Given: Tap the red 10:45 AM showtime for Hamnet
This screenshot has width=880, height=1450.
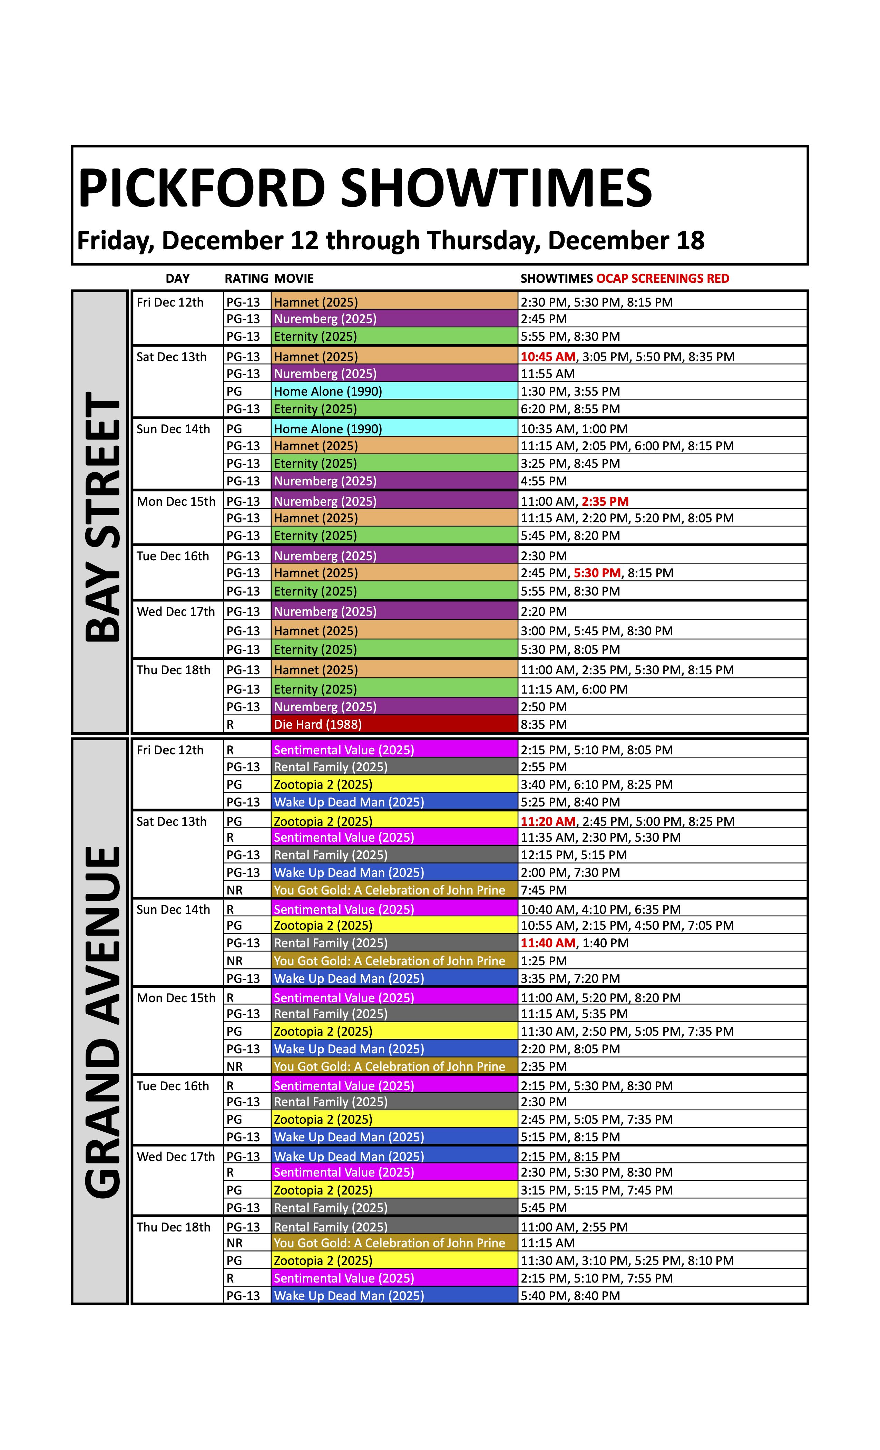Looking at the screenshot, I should tap(548, 357).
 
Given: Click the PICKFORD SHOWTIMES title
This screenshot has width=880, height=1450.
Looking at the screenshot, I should tap(365, 188).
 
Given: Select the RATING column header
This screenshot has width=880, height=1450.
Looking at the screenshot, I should tap(246, 278).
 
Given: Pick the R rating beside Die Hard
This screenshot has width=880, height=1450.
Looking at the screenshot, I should tap(231, 724).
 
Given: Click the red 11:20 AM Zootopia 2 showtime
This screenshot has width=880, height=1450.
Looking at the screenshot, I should tap(548, 821).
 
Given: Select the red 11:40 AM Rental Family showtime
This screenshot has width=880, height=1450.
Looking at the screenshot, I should tap(548, 943).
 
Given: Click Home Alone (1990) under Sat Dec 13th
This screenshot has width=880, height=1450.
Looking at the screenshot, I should tap(327, 391).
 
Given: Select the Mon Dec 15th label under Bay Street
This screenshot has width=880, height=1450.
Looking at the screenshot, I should tap(176, 501).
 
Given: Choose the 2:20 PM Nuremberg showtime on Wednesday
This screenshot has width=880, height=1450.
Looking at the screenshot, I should tap(544, 611).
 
